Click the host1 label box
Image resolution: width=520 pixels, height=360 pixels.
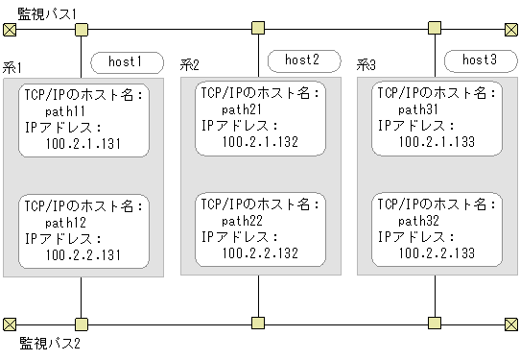coord(125,62)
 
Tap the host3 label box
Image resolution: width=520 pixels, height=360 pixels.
coord(479,60)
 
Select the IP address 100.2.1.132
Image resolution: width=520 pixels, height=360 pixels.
coord(260,141)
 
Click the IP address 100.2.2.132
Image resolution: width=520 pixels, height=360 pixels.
coord(260,252)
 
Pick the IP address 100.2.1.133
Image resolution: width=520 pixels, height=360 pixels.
coord(437,141)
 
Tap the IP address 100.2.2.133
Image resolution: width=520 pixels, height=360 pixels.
coord(437,252)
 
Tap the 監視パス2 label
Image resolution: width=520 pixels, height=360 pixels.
coord(50,342)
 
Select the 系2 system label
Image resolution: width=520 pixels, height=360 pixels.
coord(190,65)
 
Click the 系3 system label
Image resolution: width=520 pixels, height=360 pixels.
coord(366,65)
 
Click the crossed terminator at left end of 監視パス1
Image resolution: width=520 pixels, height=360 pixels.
coord(10,29)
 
